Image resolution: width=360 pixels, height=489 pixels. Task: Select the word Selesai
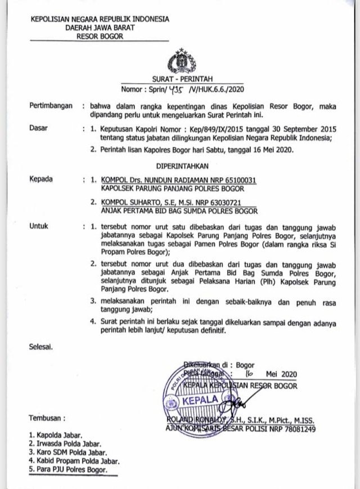pyautogui.click(x=41, y=347)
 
